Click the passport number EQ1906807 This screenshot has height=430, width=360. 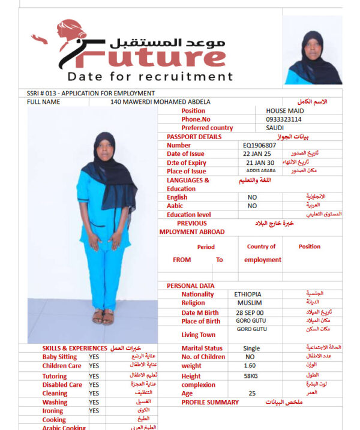click(259, 145)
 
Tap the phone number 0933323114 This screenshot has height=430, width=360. click(284, 119)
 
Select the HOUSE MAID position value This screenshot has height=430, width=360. click(284, 111)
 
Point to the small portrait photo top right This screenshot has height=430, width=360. click(312, 51)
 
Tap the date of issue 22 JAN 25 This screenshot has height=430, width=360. click(258, 154)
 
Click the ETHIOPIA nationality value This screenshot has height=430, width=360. click(247, 294)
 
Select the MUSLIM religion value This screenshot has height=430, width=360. click(247, 303)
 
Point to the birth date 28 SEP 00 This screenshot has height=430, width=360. click(250, 313)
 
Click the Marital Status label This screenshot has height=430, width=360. click(202, 348)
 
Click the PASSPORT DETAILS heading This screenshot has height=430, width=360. click(194, 137)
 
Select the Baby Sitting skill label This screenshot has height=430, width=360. click(59, 357)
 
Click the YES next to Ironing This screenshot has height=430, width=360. click(94, 411)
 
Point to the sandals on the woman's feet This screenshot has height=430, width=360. click(103, 316)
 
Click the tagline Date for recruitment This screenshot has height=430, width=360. click(150, 77)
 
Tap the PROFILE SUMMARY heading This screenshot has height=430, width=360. click(210, 402)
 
